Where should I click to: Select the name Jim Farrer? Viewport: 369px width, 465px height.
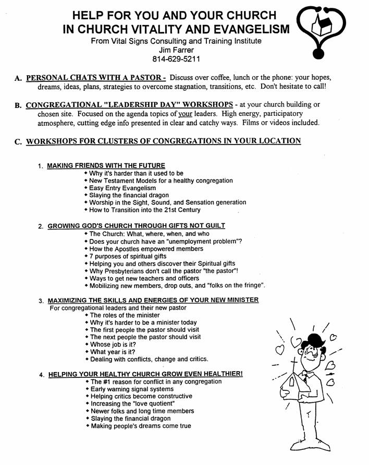tap(180, 51)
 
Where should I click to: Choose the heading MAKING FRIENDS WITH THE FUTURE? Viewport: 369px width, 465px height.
tap(106, 165)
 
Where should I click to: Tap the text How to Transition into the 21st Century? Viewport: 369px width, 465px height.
tap(144, 210)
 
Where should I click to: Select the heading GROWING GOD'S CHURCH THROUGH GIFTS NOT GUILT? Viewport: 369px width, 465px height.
tap(136, 226)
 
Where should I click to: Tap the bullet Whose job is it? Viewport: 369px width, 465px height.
tap(115, 344)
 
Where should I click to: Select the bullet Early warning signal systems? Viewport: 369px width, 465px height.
tap(132, 389)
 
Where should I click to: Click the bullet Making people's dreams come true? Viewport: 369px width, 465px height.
tap(140, 426)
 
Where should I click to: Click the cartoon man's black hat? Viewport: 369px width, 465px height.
tap(314, 342)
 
